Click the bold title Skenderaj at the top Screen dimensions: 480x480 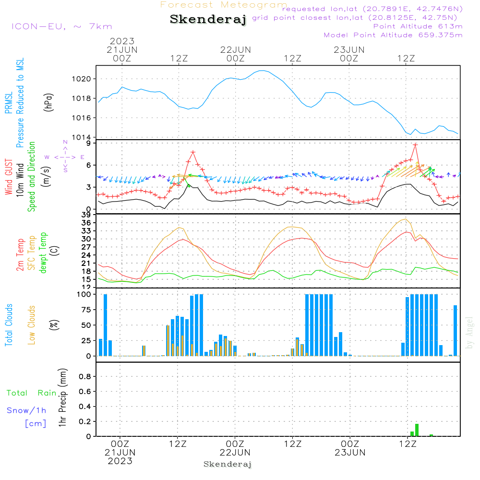point(208,20)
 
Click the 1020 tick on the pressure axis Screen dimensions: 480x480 point(81,79)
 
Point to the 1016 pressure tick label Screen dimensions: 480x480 point(81,118)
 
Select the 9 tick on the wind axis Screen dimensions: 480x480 point(89,143)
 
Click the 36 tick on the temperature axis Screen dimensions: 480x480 point(86,223)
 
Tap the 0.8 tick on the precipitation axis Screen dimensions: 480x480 point(85,376)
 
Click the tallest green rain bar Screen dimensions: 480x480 point(417,430)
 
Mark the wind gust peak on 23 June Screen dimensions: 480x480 point(415,145)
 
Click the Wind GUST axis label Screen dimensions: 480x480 point(9,177)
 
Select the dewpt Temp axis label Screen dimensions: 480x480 point(43,252)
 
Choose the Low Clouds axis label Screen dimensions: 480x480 point(31,325)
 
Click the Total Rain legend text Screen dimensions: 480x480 point(32,393)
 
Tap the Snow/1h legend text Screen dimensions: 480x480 point(26,410)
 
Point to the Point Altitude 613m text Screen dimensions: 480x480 point(418,26)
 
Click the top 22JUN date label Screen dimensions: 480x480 point(235,50)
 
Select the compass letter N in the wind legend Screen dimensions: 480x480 point(65,142)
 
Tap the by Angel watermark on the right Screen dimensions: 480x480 point(469,333)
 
